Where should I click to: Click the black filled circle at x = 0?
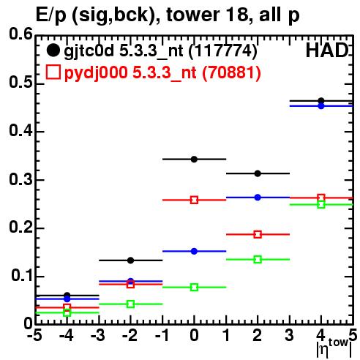(x=194, y=160)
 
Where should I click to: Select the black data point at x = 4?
(x=321, y=101)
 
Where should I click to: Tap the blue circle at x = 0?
(x=194, y=251)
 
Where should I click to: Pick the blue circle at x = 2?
(x=258, y=198)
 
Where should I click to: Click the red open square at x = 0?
(x=194, y=200)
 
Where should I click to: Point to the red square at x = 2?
(x=258, y=234)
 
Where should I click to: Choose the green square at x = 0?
(x=194, y=287)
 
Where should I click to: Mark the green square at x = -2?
(x=130, y=304)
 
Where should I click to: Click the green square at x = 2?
(x=258, y=259)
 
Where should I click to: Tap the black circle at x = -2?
(x=130, y=260)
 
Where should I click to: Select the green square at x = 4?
(x=321, y=204)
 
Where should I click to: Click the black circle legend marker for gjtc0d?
(x=53, y=50)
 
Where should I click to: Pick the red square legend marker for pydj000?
(x=53, y=72)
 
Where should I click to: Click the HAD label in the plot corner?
(x=327, y=50)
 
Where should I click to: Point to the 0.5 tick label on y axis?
(x=20, y=83)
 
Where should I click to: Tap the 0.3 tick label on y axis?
(x=20, y=179)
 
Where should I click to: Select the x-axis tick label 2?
(x=258, y=335)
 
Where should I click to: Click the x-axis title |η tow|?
(x=334, y=348)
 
